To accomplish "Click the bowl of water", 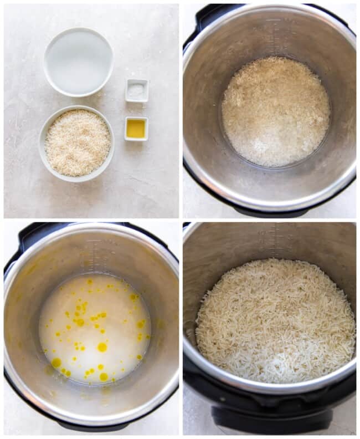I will (78, 62).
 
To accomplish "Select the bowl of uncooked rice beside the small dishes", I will (77, 142).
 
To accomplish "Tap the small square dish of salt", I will (136, 90).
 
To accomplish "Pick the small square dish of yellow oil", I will (136, 128).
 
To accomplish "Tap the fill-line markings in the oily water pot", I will (93, 255).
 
